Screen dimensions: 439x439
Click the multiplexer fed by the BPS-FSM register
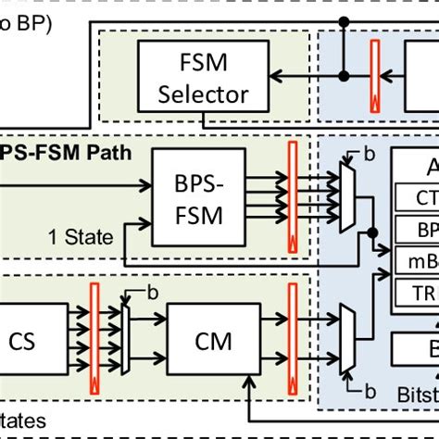pos(347,196)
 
